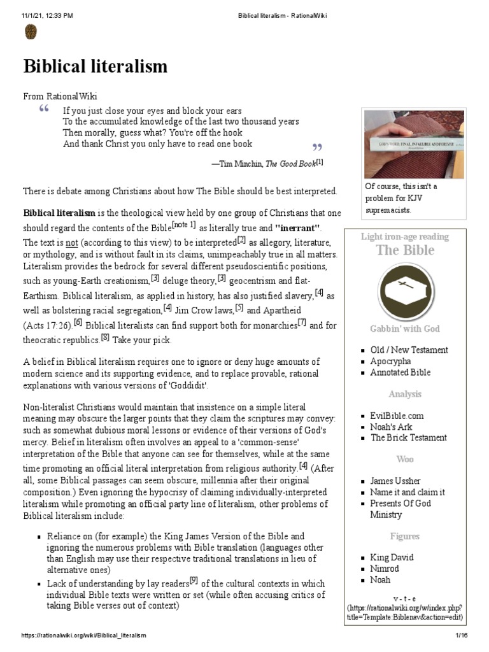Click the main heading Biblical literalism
96,66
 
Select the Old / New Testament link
409,350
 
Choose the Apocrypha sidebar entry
390,361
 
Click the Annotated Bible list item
400,372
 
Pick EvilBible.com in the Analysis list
397,416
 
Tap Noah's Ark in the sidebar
392,427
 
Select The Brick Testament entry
408,437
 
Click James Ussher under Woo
395,481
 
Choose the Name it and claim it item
407,492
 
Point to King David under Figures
392,557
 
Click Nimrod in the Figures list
385,569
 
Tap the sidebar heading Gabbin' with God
405,329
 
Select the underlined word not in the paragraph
72,242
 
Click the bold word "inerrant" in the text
297,227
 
